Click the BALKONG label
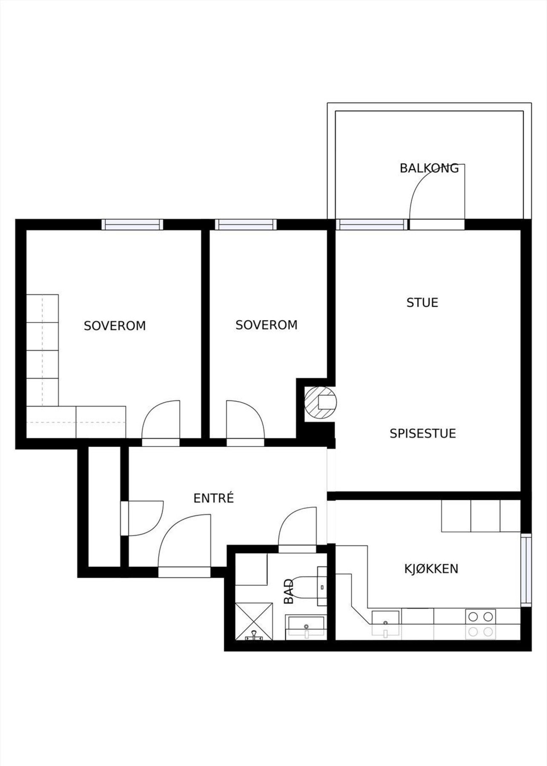(429, 168)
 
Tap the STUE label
(422, 303)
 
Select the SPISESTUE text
(422, 434)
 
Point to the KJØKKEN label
(431, 569)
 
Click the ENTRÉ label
(213, 498)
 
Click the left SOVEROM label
(115, 326)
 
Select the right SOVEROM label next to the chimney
(266, 325)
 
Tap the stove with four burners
(481, 623)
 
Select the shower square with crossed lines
(254, 621)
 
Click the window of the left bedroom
(132, 224)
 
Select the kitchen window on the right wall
(527, 570)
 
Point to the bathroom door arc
(297, 526)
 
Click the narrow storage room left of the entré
(104, 506)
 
